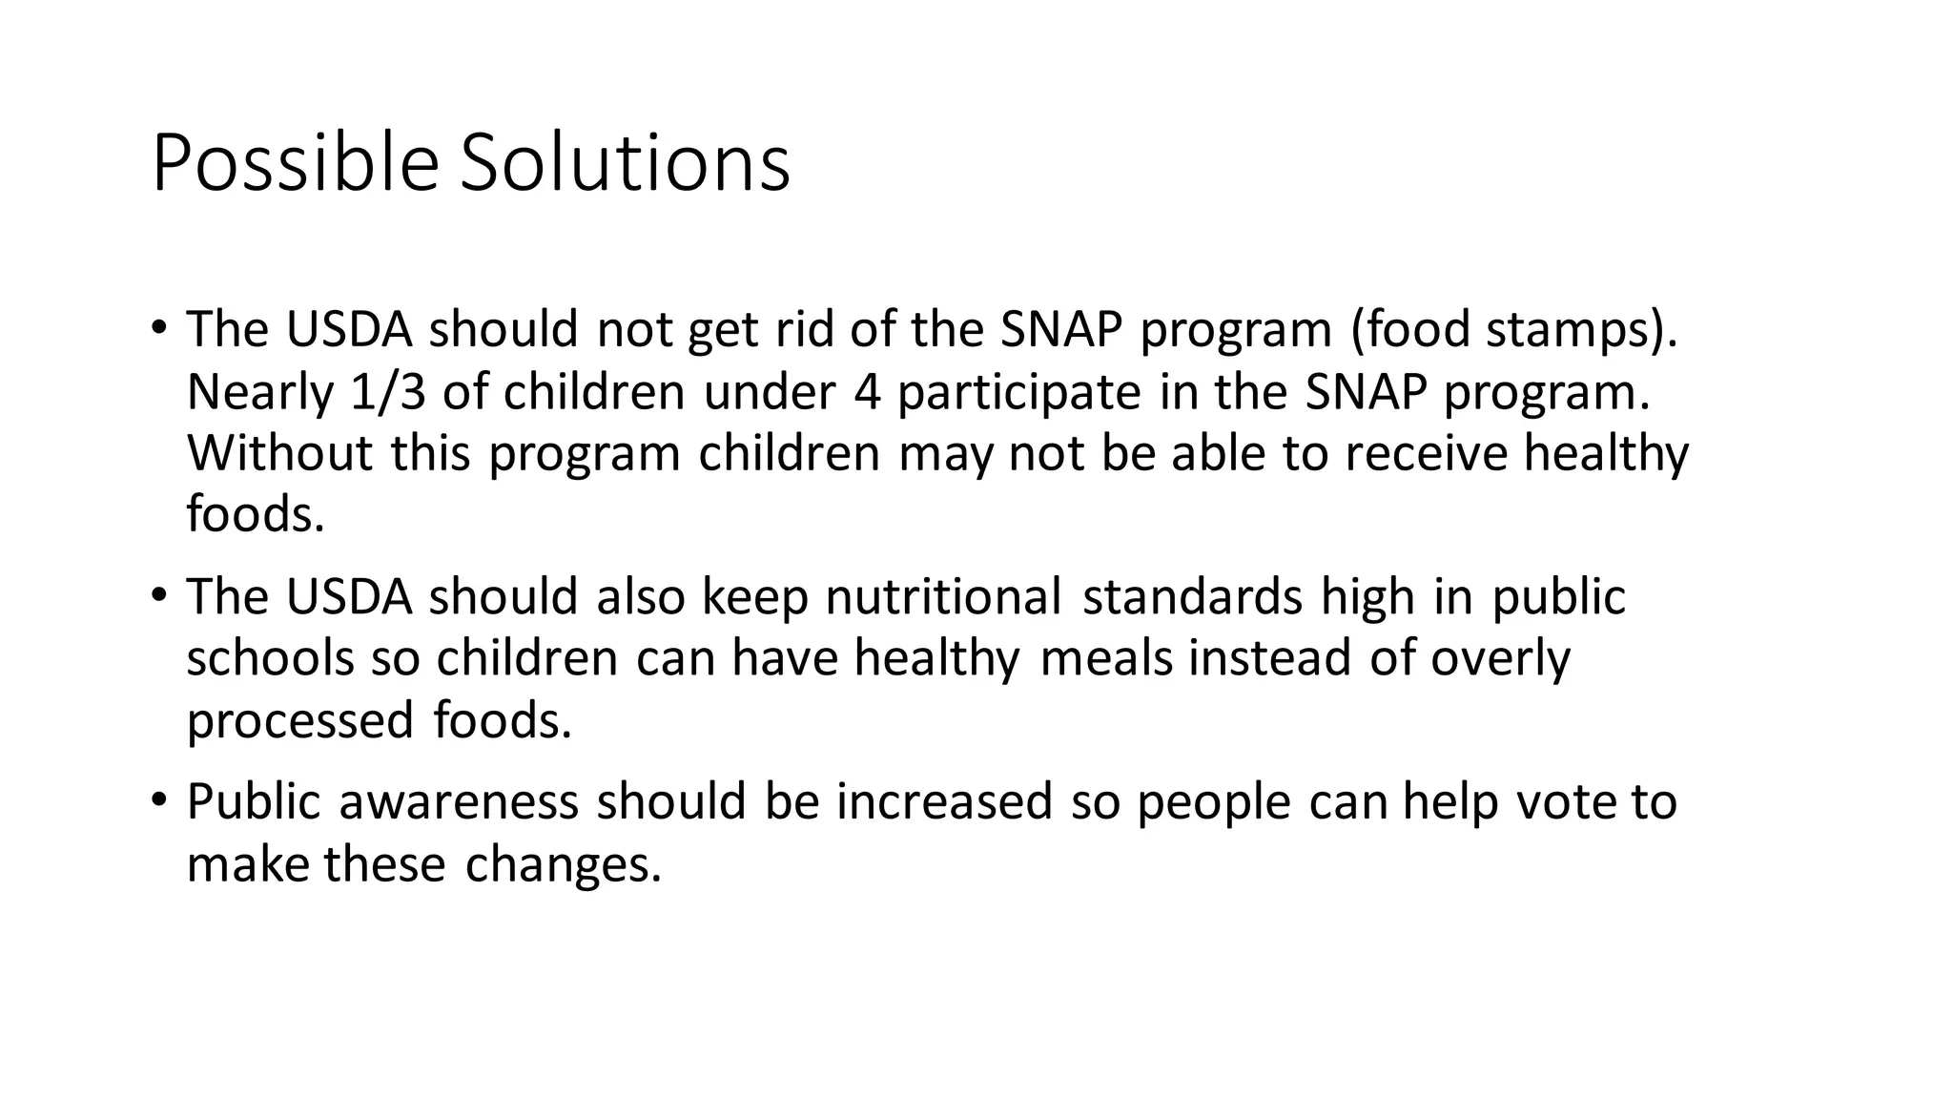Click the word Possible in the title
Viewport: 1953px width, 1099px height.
294,164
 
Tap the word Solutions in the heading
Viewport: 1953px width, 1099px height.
625,164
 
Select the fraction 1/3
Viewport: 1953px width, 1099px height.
388,392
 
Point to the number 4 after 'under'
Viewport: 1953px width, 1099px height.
867,392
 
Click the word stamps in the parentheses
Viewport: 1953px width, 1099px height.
1570,330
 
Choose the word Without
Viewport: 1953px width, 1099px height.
279,453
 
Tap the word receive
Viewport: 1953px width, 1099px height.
1425,453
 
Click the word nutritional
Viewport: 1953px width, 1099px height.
943,597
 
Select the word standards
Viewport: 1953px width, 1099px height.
1192,597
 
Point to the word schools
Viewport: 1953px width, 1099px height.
270,658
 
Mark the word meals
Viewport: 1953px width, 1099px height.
1106,658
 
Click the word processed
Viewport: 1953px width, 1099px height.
299,721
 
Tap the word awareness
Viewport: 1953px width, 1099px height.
459,801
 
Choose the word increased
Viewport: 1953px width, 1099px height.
944,801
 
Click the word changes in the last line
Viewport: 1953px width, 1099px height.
562,864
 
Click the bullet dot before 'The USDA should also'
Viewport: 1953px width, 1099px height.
158,593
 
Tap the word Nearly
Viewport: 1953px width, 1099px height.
260,394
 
